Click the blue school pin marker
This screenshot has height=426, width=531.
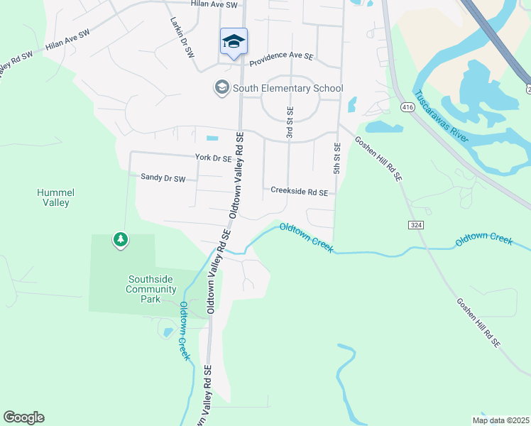234,42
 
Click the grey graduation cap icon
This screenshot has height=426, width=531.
221,88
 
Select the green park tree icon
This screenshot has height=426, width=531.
121,240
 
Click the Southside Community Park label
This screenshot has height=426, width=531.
150,289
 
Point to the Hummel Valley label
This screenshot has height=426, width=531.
55,197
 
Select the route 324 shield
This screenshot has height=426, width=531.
416,224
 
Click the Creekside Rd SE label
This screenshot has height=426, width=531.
299,192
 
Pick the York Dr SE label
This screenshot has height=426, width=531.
213,158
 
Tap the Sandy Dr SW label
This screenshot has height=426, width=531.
163,178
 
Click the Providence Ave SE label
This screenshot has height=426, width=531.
280,55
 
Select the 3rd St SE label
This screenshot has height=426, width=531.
290,122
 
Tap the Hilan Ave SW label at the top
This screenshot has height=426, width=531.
212,4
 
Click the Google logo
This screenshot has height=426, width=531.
23,417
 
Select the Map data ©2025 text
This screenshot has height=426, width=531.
500,420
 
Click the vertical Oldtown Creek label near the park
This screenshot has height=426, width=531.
184,331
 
